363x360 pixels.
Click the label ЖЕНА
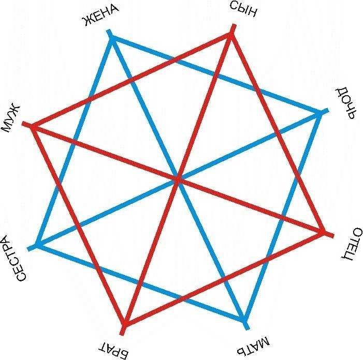click(101, 16)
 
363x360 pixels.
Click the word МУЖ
click(11, 118)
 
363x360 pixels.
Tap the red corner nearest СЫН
click(230, 35)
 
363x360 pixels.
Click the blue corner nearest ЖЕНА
click(112, 39)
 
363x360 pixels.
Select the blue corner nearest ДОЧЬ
click(320, 114)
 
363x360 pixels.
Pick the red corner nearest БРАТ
click(125, 324)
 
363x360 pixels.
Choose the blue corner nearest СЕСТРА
click(38, 244)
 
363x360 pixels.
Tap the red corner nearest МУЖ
click(33, 126)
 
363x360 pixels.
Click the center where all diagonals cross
click(178, 179)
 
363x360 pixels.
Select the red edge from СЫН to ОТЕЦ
click(277, 133)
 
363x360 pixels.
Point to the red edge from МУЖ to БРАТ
click(79, 225)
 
